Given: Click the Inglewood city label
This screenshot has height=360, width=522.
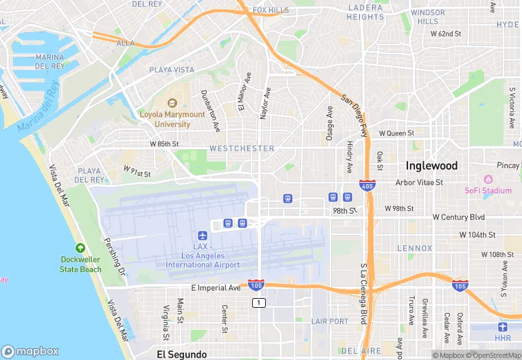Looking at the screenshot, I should coord(431,166).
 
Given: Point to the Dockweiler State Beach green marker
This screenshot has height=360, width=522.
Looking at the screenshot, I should coord(80,247).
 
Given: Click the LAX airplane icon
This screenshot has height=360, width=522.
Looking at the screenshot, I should coord(202,236).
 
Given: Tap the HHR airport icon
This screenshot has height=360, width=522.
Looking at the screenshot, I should coord(503,327).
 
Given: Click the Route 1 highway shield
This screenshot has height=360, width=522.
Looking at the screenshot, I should coord(258,303).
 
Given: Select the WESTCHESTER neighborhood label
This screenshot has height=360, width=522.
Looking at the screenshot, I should coord(242,148).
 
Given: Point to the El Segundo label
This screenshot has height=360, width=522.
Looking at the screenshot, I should coord(181,355).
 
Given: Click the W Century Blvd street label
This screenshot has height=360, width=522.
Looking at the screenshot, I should coord(458,217).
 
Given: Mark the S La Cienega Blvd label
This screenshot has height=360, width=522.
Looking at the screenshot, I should coord(363,293).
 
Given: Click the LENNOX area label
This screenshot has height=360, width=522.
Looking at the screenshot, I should coord(415,248).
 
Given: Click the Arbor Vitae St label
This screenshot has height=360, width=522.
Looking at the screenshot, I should coord(420,183).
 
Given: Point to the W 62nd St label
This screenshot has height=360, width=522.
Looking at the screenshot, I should coord(446,33).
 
